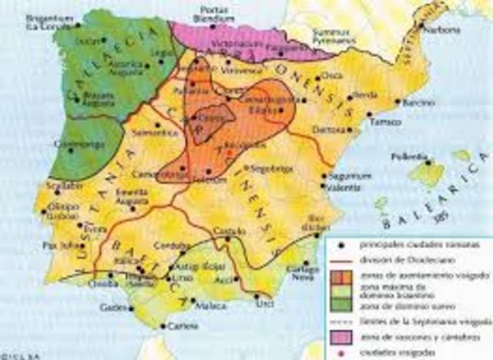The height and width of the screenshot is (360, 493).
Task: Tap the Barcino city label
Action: click(x=418, y=103)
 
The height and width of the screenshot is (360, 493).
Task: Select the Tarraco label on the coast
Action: click(x=383, y=122)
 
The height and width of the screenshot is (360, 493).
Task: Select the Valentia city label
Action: click(x=343, y=187)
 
